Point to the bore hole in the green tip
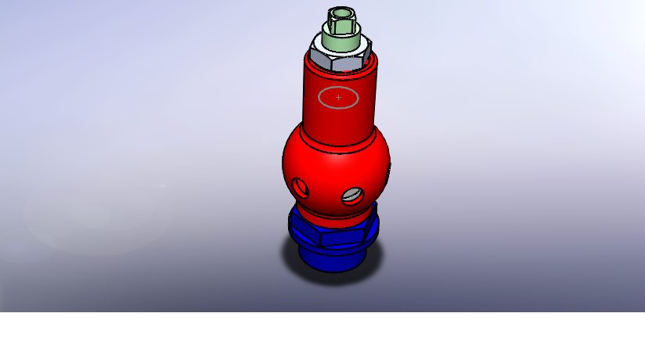click(341, 13)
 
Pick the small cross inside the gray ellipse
click(338, 97)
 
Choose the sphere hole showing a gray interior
click(352, 195)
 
